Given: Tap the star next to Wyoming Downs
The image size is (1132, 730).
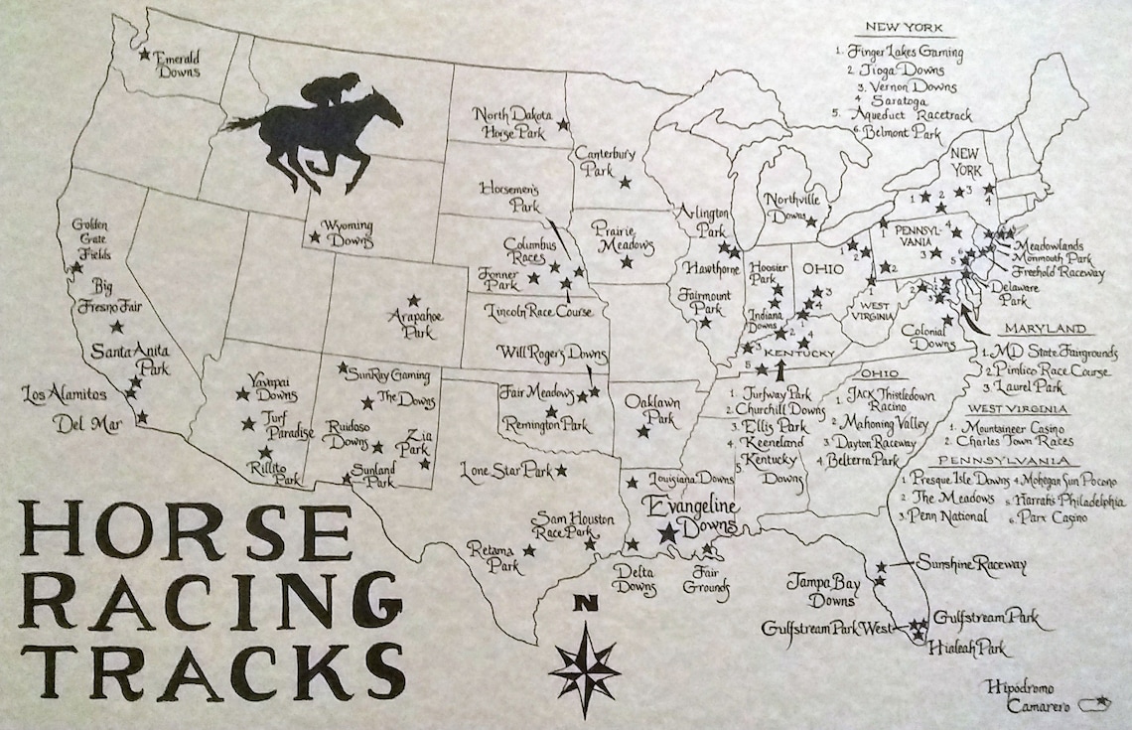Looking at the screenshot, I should (x=315, y=237).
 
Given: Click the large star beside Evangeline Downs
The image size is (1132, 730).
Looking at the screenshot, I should (x=667, y=533).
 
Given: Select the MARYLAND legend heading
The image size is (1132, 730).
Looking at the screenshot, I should (x=1043, y=329).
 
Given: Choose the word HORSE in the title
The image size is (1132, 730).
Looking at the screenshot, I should (x=186, y=532).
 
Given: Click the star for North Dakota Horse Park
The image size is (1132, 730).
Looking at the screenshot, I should (x=563, y=124).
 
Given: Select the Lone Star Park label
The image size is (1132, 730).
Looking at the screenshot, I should (x=505, y=469).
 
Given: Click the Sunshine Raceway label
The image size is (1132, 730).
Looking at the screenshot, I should (x=971, y=564).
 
